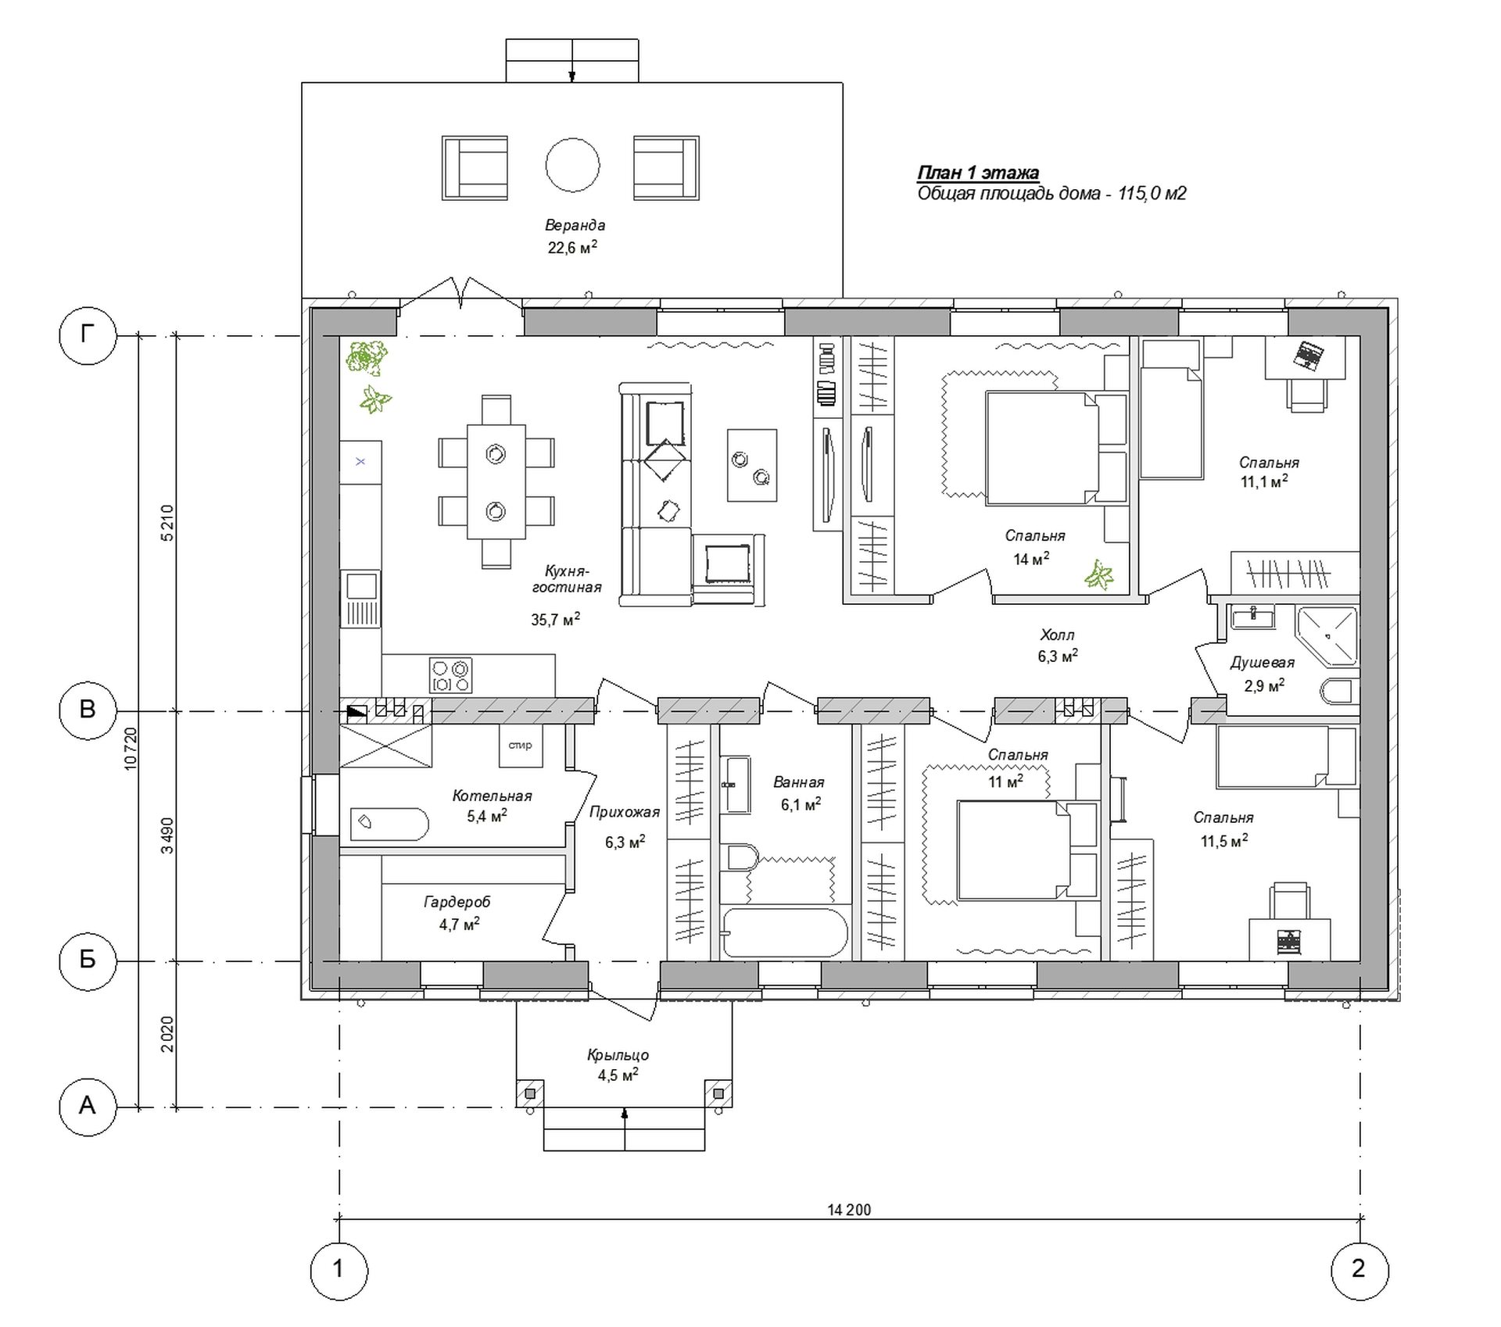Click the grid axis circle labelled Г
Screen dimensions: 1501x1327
[x=88, y=336]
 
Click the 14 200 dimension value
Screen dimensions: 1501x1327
[x=849, y=1210]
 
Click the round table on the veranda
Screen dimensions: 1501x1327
[x=572, y=165]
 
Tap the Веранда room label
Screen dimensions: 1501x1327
[x=575, y=225]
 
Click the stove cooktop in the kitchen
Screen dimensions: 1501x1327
[x=451, y=675]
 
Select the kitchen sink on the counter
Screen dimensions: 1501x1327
[x=361, y=599]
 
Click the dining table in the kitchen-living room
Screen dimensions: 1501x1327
[x=496, y=481]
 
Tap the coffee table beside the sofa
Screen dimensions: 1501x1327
[x=752, y=465]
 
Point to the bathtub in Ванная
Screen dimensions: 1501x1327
[x=785, y=932]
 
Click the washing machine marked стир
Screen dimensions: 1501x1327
[x=521, y=746]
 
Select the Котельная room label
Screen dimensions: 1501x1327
[x=492, y=796]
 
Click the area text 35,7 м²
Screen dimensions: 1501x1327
[x=556, y=620]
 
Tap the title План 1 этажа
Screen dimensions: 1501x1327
[x=978, y=173]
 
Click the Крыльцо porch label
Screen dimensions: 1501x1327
[x=618, y=1055]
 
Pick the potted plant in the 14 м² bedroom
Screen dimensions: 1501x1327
[x=1099, y=575]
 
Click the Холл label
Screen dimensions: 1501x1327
[x=1057, y=635]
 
